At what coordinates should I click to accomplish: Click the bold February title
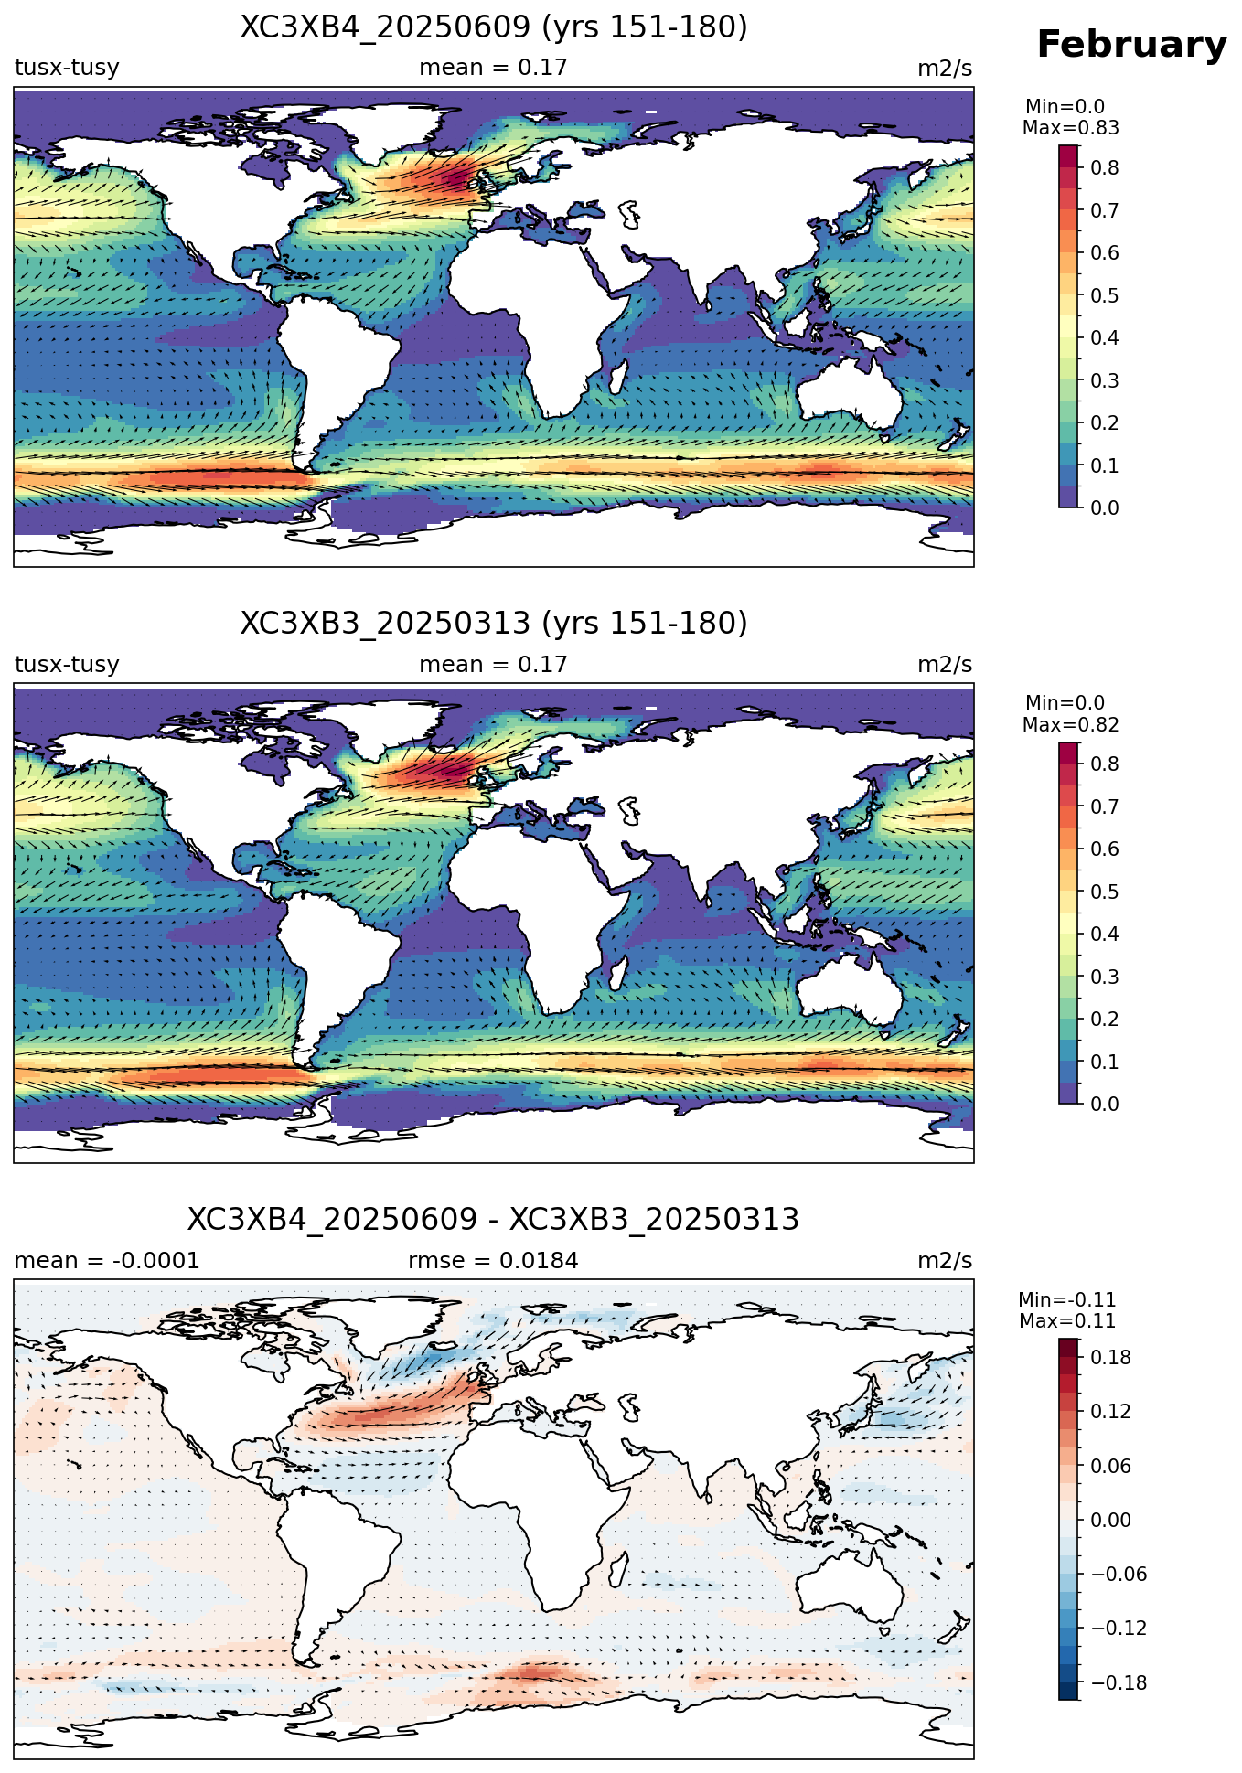pos(1131,45)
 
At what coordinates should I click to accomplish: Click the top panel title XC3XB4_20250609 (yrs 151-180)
pos(494,27)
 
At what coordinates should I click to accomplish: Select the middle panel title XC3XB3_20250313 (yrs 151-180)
pos(494,624)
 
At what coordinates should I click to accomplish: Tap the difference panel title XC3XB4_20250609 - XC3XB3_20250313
pos(494,1220)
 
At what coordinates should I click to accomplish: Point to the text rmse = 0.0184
pos(494,1261)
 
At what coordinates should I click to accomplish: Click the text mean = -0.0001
pos(107,1261)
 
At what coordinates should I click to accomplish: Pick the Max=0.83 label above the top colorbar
pos(1070,128)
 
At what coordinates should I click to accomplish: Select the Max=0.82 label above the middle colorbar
pos(1070,725)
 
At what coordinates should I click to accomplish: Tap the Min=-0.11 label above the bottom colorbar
pos(1067,1300)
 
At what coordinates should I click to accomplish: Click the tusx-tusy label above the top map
pos(67,69)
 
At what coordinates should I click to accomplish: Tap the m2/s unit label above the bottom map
pos(945,1261)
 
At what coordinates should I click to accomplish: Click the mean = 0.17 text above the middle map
pos(494,665)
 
